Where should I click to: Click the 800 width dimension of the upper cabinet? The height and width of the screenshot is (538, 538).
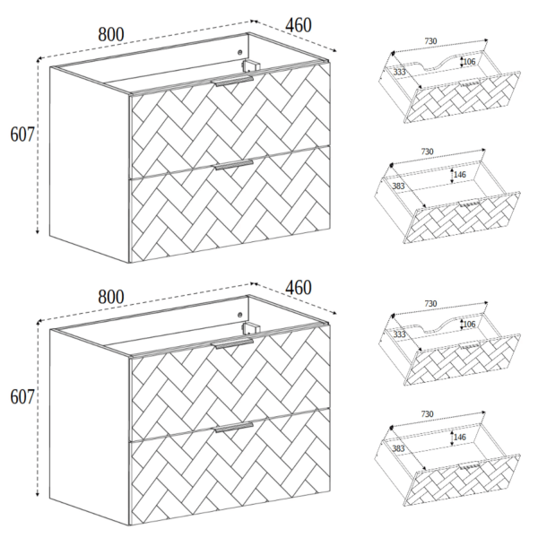(111, 35)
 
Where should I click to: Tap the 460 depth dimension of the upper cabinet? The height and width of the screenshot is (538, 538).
(299, 25)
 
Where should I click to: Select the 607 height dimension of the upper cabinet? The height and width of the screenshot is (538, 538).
(22, 134)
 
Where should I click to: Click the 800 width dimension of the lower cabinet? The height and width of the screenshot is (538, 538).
(111, 297)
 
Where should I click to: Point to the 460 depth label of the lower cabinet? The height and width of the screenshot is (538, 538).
(299, 288)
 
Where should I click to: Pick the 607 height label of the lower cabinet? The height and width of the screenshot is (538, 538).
(22, 397)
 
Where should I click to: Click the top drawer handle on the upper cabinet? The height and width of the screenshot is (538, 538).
(233, 82)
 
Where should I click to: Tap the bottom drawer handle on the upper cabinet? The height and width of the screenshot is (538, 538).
(234, 164)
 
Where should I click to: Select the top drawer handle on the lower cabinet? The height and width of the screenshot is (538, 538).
(233, 343)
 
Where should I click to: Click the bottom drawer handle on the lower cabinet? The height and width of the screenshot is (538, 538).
(234, 427)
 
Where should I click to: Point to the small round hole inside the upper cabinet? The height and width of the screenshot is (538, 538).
(239, 53)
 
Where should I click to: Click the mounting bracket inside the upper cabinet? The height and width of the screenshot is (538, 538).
(250, 65)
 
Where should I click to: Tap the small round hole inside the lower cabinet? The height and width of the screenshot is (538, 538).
(239, 315)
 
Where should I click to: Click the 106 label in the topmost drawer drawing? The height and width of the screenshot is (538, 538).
(469, 62)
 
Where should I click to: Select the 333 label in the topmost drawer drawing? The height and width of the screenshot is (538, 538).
(399, 72)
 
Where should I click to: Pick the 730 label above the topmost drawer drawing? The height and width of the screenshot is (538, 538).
(431, 41)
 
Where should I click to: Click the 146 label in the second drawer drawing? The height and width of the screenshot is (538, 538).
(460, 175)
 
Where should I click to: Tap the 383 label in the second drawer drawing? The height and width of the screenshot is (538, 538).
(398, 186)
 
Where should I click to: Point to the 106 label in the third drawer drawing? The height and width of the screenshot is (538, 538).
(469, 324)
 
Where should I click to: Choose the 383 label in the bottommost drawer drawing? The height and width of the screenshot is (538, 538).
(398, 448)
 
